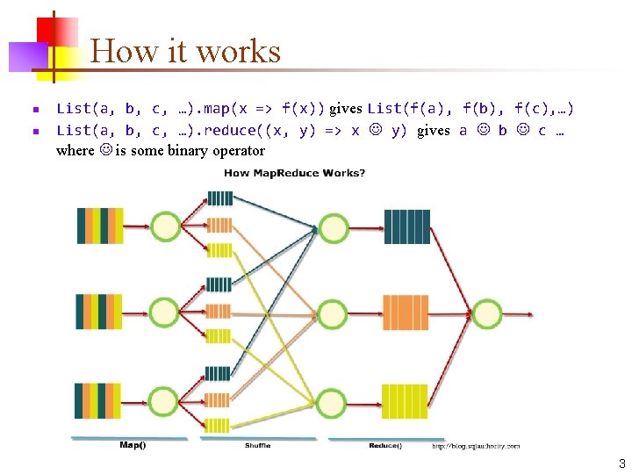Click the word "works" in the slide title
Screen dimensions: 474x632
click(x=239, y=52)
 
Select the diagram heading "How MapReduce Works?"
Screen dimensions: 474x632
click(x=295, y=173)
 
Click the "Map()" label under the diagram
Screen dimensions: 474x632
click(x=133, y=445)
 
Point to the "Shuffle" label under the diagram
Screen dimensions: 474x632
click(x=257, y=445)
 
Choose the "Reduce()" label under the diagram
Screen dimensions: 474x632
click(x=385, y=445)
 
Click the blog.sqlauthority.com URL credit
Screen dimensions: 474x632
click(x=476, y=446)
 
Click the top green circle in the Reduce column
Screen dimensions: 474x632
click(x=334, y=227)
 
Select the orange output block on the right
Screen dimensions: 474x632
click(x=406, y=312)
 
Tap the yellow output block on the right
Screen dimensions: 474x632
click(x=406, y=401)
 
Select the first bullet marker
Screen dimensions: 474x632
click(x=35, y=110)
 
